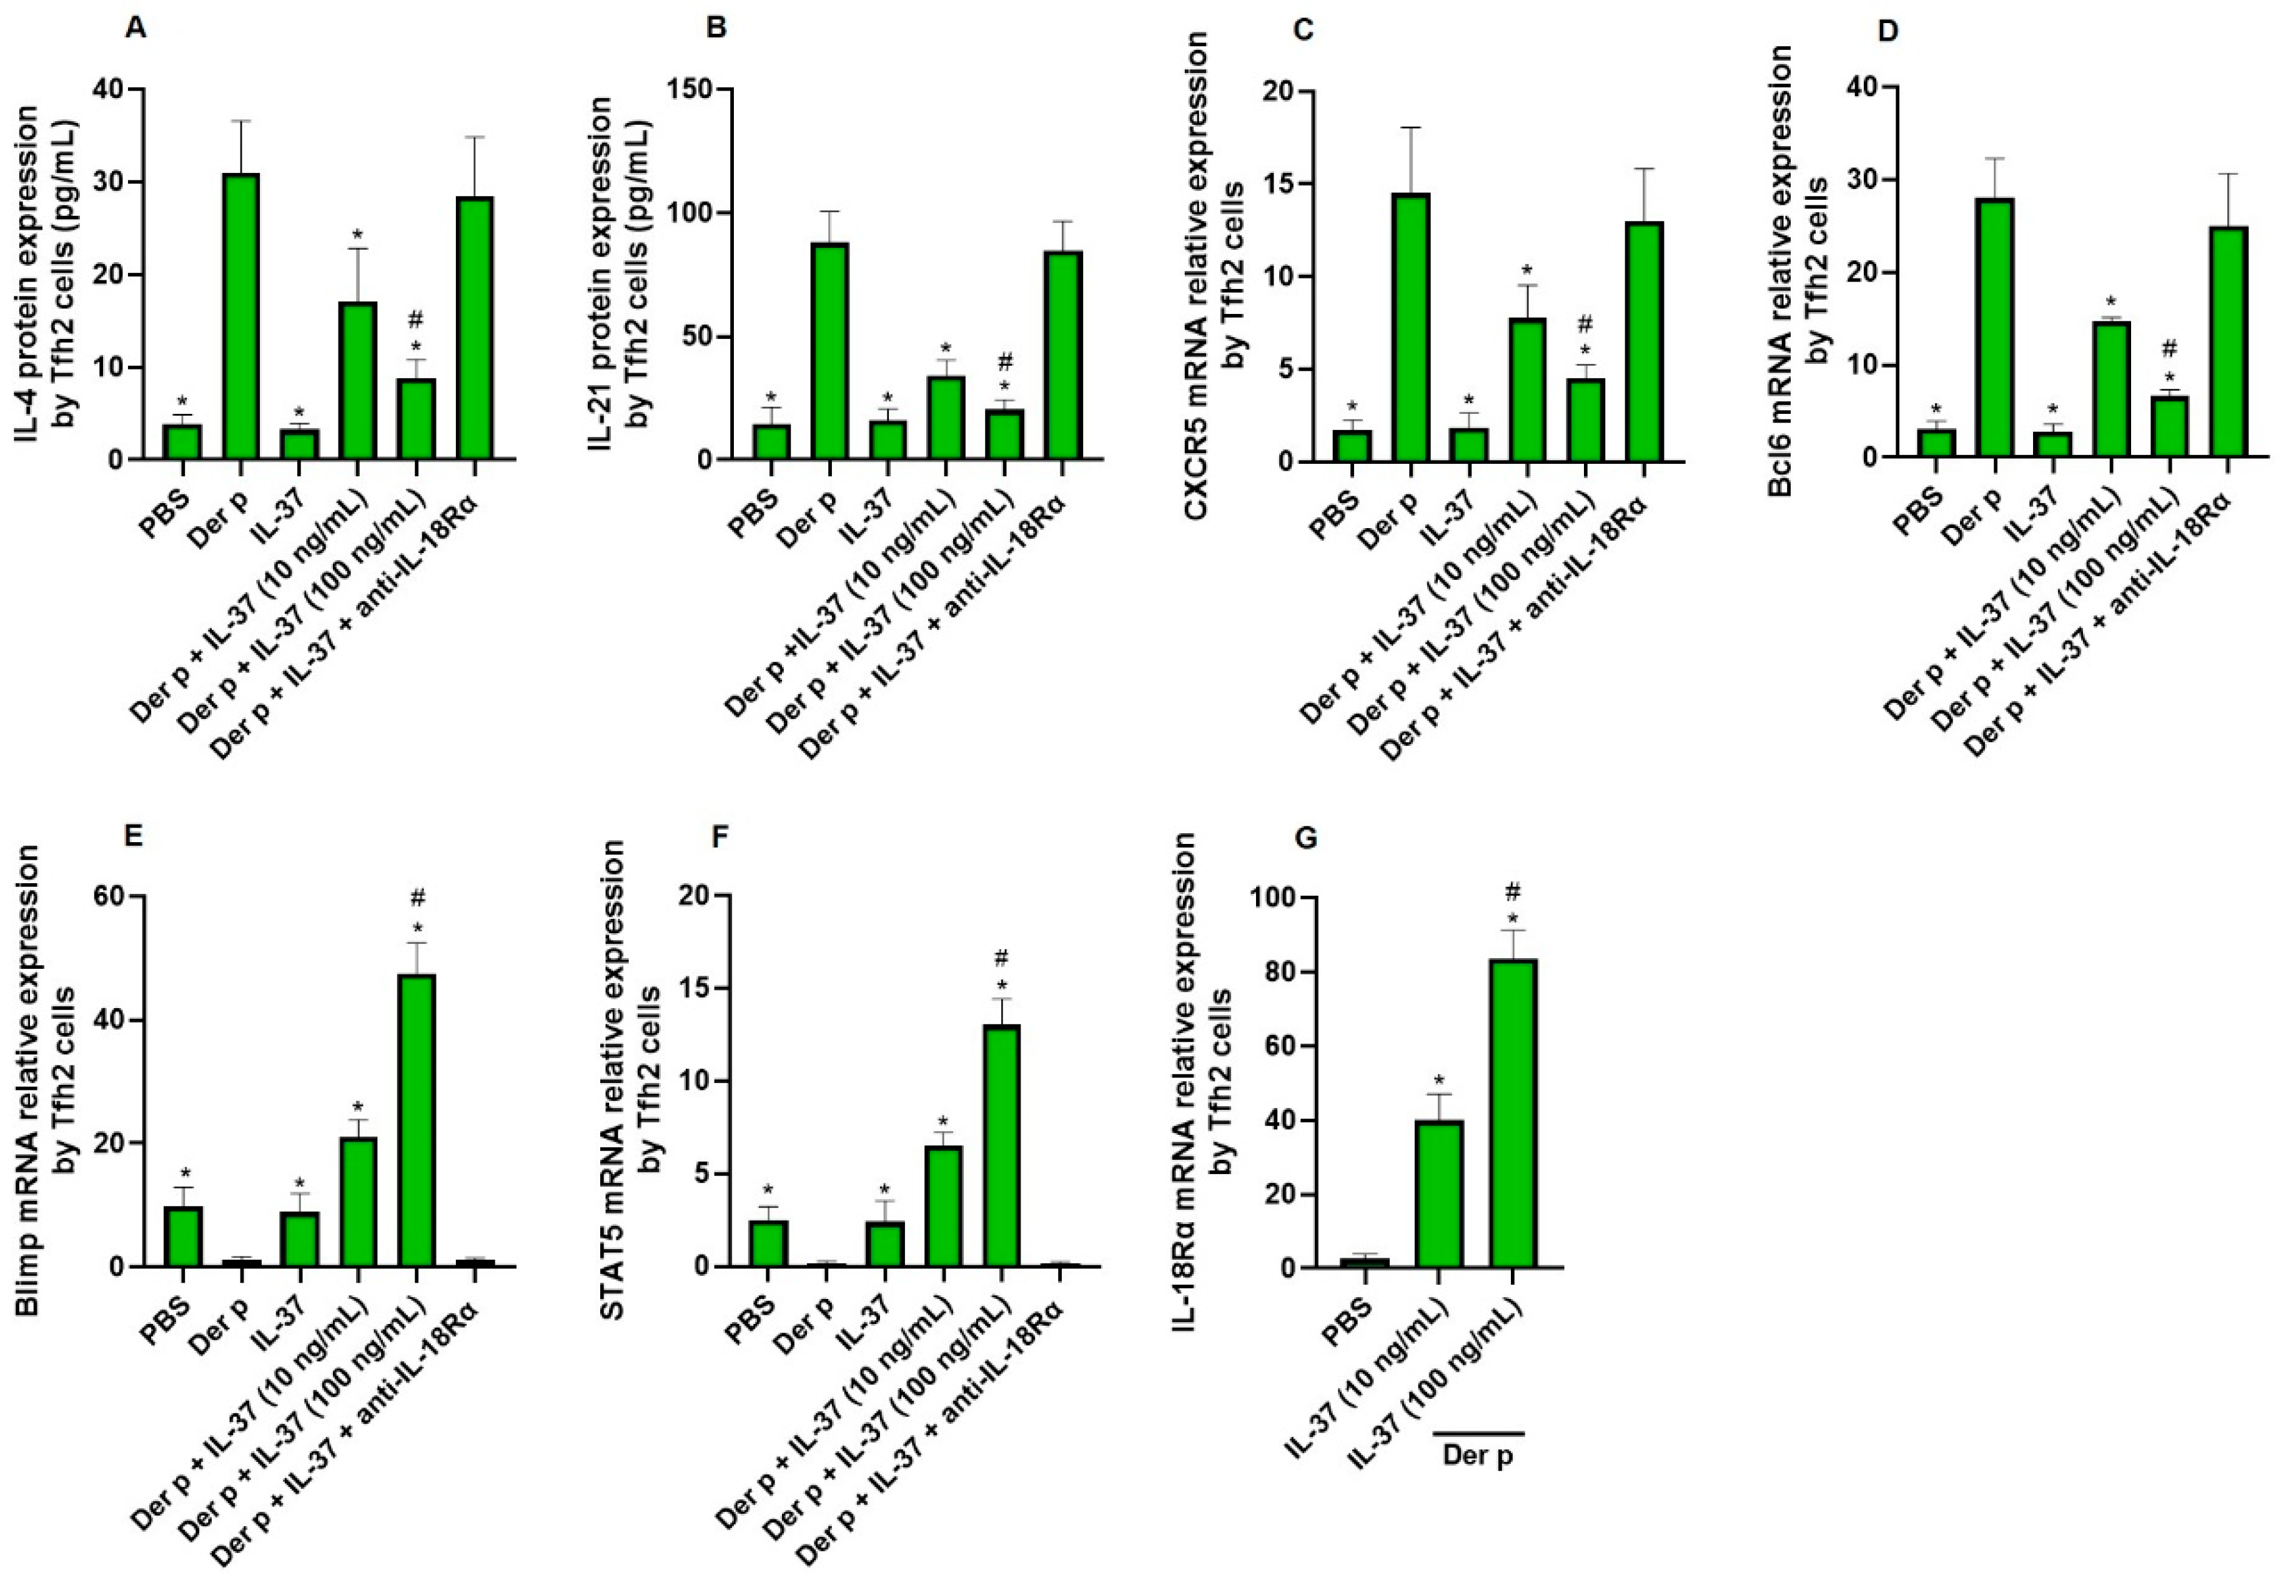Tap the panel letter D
click(1888, 31)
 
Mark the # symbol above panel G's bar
click(1513, 890)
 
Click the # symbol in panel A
click(416, 320)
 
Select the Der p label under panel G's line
click(1477, 1456)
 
